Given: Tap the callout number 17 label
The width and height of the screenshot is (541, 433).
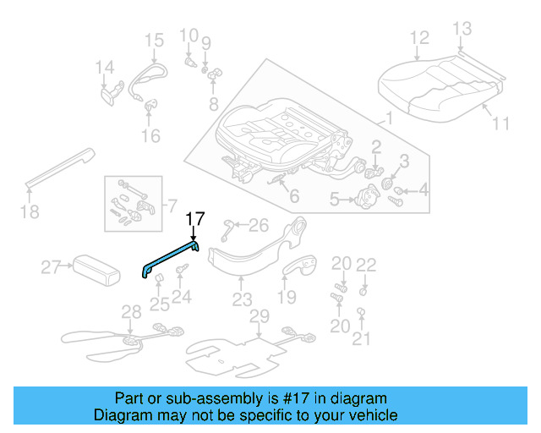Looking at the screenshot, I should [194, 219].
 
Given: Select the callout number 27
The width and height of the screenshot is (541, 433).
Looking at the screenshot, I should [52, 268].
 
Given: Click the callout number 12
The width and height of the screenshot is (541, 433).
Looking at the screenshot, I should [419, 38].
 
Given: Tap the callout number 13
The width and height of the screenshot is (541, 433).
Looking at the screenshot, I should [460, 30].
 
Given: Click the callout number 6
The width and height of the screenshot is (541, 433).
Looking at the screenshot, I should [293, 197].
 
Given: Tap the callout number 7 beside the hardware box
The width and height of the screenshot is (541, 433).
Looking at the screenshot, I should [172, 206].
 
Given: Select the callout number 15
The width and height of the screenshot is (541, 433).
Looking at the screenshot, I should [153, 40].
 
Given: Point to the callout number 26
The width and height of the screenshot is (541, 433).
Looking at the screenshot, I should [259, 224].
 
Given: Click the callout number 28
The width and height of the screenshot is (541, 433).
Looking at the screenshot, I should [128, 313].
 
